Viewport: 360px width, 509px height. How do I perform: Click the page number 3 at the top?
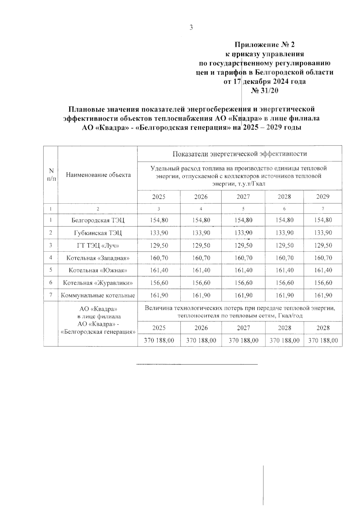[191, 28]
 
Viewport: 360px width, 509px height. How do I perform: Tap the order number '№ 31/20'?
[265, 90]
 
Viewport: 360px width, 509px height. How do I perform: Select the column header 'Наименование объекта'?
[98, 175]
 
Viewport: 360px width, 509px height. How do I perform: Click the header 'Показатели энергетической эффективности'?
[240, 154]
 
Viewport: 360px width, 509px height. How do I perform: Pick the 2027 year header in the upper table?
[243, 197]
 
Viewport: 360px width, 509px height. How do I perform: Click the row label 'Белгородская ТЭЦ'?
[98, 220]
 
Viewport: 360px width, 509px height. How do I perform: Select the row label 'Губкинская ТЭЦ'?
[98, 233]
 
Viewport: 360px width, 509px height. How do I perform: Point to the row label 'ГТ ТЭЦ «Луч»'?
[98, 245]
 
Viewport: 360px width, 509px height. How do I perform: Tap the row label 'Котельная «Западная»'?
[98, 258]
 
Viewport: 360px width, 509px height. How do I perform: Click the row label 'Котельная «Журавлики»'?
[98, 283]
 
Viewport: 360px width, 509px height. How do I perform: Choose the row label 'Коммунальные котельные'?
[98, 295]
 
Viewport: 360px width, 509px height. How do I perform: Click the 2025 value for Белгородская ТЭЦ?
[159, 220]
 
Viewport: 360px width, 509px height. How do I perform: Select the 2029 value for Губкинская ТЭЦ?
[323, 233]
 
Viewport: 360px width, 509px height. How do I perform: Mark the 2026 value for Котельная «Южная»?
[201, 270]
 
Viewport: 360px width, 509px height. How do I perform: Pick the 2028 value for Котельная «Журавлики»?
[284, 283]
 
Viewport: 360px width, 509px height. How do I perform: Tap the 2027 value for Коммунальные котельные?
[243, 295]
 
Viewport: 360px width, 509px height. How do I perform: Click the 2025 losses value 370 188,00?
[159, 340]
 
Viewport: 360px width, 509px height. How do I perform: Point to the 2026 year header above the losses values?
[201, 328]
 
